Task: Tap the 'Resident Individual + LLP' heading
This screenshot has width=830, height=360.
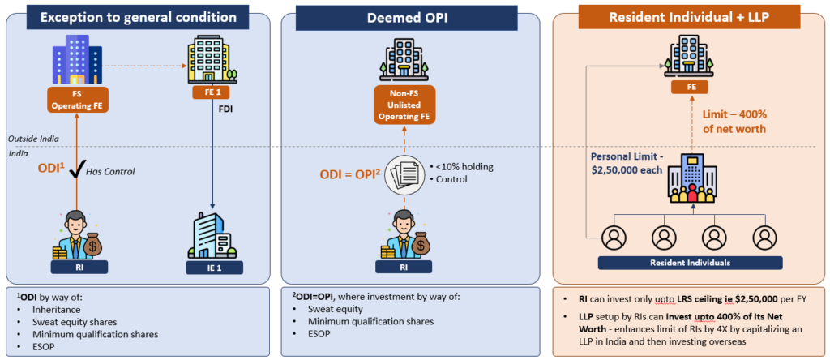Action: (x=689, y=16)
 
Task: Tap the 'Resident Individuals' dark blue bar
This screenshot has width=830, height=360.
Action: (x=690, y=262)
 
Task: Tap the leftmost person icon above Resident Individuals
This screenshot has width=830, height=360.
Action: (x=614, y=238)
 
